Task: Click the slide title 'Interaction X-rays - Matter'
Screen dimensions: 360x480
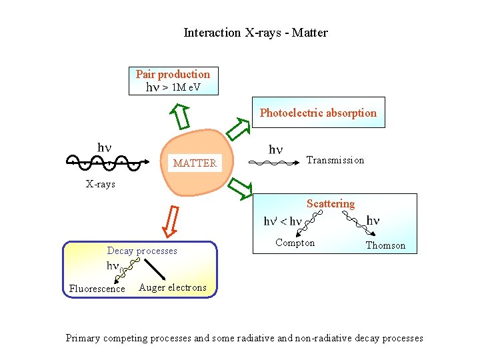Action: [x=255, y=32]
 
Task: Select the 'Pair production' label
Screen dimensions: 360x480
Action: [x=173, y=74]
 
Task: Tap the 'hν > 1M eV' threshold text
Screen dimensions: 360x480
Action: [x=173, y=87]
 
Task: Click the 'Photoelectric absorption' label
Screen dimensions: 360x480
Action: [x=318, y=113]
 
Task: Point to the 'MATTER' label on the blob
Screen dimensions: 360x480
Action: [x=195, y=163]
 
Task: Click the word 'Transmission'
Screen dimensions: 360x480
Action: [x=335, y=160]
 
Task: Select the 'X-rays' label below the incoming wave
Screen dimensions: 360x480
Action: [x=100, y=184]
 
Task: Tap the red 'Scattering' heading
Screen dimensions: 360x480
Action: [x=331, y=203]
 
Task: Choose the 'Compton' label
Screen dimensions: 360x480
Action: [x=295, y=243]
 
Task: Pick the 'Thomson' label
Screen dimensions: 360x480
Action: [x=385, y=245]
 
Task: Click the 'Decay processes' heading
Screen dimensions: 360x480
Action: [x=142, y=251]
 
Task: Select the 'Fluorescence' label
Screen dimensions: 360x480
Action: [x=97, y=289]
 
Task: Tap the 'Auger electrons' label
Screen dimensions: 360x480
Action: [x=173, y=287]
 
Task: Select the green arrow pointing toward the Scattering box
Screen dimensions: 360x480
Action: [x=238, y=189]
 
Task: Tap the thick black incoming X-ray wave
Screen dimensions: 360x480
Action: [x=103, y=162]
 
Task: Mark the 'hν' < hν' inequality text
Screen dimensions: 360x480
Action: [x=283, y=221]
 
